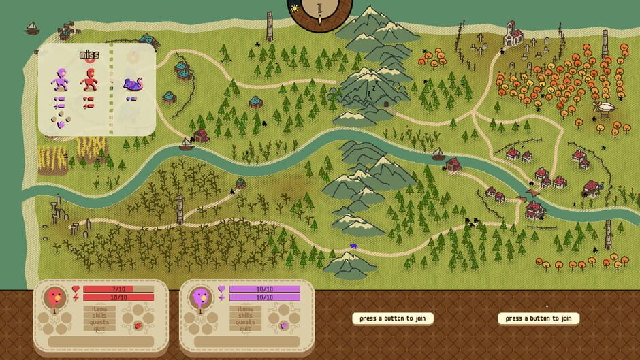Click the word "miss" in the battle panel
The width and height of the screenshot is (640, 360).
[89, 55]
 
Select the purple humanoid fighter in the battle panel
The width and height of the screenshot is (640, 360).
[59, 81]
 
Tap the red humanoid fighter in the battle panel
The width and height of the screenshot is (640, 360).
[89, 81]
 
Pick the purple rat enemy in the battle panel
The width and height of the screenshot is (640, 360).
[132, 84]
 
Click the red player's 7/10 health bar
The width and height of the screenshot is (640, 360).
[118, 289]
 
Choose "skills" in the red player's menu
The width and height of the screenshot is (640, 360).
[99, 316]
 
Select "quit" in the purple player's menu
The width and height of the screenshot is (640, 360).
[245, 329]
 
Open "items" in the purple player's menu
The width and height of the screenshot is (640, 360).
[245, 309]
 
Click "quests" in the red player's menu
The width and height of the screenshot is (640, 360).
[99, 322]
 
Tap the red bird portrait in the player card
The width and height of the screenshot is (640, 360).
[54, 297]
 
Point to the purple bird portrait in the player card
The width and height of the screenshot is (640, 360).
[200, 297]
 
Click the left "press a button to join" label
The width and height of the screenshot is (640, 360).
[392, 318]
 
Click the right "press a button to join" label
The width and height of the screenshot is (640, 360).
[538, 318]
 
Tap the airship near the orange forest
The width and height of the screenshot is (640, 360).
[603, 108]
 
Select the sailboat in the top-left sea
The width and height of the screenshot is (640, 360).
[31, 29]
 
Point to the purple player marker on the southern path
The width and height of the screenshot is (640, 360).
[353, 246]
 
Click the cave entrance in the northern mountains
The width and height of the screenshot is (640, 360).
[386, 104]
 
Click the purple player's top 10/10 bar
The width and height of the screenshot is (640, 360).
[263, 289]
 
